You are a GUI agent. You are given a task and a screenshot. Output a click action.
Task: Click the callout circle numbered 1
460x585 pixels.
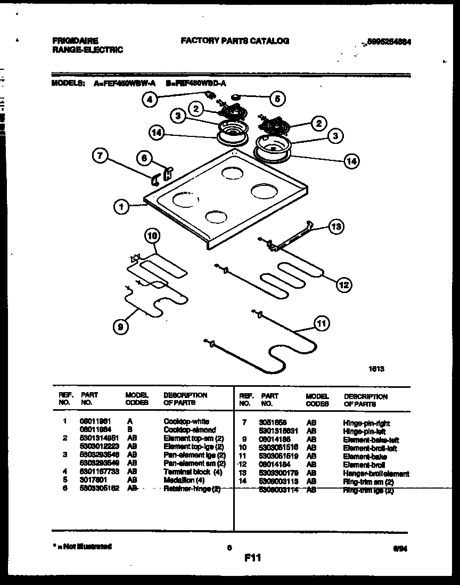click(122, 206)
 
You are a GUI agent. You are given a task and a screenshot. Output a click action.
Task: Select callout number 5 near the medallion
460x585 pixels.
click(277, 98)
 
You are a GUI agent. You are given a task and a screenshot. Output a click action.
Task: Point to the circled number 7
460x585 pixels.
click(100, 156)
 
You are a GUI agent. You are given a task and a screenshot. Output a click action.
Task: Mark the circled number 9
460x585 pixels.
click(120, 329)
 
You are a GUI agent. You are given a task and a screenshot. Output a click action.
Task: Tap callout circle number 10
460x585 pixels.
click(152, 236)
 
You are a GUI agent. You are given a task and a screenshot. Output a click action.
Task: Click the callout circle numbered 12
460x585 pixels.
click(343, 285)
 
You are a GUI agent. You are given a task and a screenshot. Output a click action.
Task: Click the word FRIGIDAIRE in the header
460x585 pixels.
click(75, 40)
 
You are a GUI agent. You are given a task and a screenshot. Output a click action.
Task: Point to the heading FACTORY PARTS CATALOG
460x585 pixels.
click(235, 40)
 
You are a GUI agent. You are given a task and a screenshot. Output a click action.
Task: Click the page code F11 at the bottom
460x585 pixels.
click(252, 558)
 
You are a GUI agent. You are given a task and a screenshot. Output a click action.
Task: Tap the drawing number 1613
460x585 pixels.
click(376, 368)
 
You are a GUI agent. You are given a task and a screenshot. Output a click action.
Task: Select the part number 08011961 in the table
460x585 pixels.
click(93, 421)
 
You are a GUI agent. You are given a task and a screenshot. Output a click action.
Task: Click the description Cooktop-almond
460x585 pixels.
click(190, 429)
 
